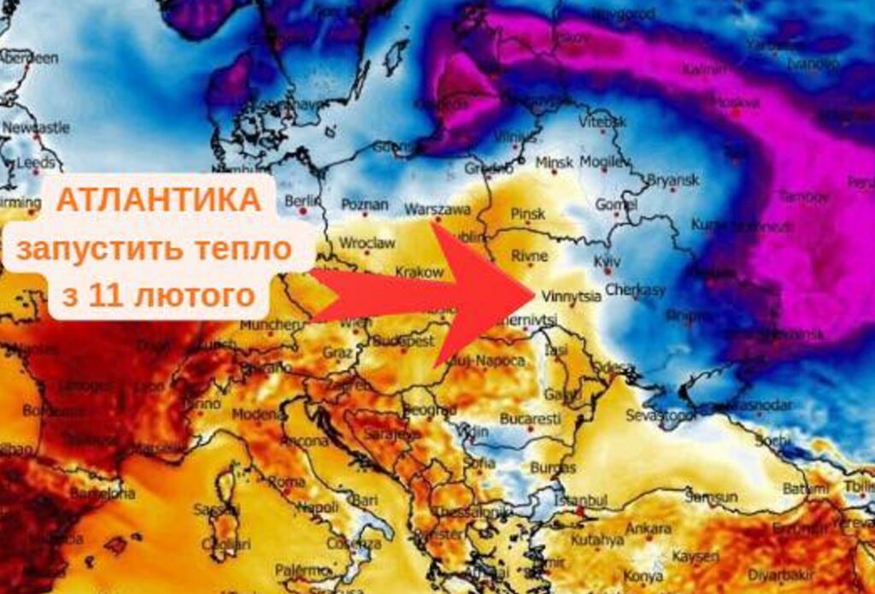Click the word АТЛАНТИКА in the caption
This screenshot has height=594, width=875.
coord(159,200)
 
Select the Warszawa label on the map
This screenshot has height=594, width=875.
coord(437,209)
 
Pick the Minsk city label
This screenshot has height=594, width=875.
coord(554,162)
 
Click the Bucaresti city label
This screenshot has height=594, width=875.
coord(531,420)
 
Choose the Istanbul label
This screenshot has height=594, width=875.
coord(580,499)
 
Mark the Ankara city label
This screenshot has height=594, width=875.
coord(649,528)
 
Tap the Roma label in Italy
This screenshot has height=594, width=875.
coord(286,481)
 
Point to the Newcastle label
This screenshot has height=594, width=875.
coord(36,127)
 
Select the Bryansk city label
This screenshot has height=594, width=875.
coord(672,179)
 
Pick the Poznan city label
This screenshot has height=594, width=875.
coord(364,205)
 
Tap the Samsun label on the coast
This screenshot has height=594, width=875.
coord(710,497)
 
